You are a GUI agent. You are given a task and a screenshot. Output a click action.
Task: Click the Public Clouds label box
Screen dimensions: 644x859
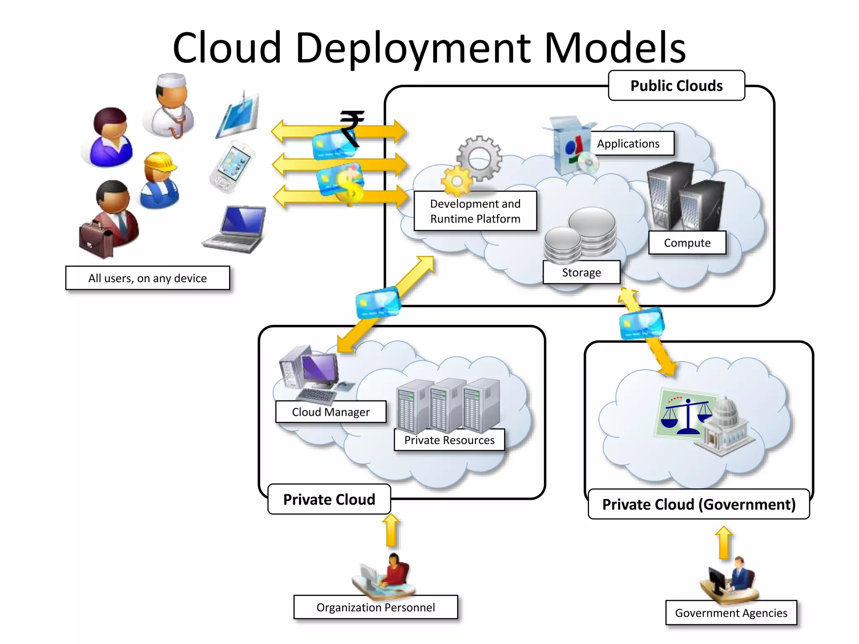pos(676,86)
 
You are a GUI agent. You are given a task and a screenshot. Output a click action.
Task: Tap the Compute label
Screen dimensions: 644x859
pos(687,243)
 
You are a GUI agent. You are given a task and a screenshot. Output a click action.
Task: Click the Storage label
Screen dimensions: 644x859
pos(581,273)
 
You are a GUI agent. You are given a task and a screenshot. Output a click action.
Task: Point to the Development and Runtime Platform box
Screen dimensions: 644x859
pos(475,211)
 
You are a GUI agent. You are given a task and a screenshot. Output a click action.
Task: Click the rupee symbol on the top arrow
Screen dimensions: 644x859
pos(351,127)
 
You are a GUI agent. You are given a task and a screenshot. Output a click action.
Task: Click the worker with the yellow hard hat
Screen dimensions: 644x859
pos(160,180)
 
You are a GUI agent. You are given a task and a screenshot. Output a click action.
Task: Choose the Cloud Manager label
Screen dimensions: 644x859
pos(331,412)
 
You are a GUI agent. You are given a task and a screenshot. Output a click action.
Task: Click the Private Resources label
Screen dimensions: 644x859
pos(449,440)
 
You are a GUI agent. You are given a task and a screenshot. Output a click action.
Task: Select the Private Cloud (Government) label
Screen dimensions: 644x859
pos(698,504)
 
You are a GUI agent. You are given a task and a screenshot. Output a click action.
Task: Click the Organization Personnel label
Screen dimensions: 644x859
pos(375,608)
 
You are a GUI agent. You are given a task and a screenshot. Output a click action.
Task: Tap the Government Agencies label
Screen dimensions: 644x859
pos(731,613)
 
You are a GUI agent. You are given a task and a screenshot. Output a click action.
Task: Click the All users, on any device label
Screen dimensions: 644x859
pos(147,278)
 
